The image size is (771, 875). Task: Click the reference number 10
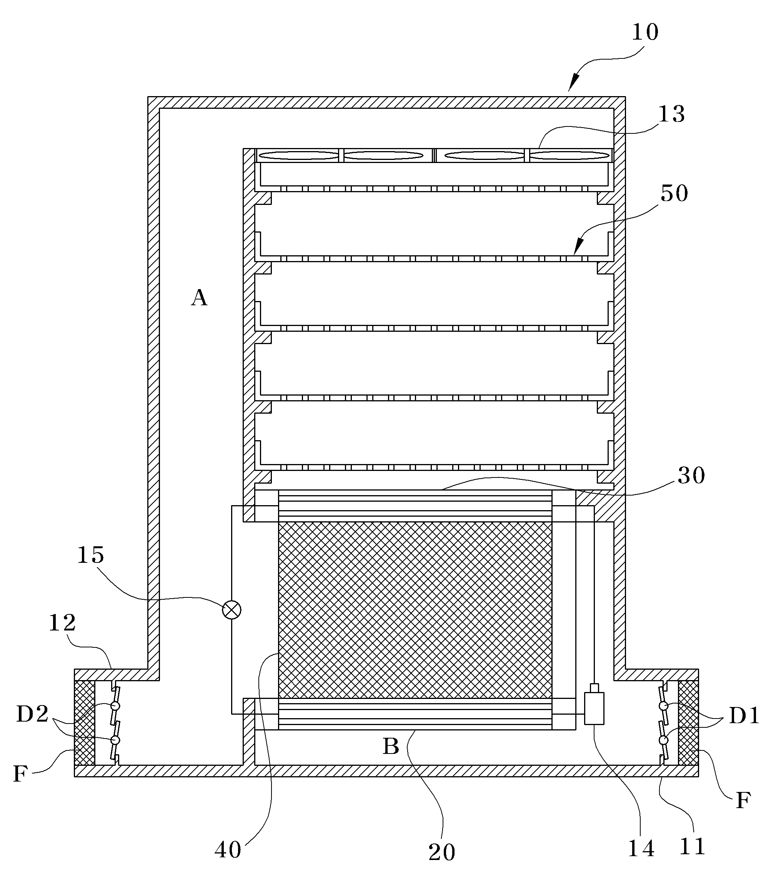[645, 32]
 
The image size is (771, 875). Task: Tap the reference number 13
[671, 114]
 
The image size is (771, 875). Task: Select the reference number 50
[674, 193]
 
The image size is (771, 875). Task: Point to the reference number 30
[691, 475]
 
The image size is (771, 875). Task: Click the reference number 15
[90, 555]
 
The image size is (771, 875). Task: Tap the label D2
[32, 714]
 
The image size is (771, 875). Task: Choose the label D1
[744, 715]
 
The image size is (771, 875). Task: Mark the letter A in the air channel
[199, 298]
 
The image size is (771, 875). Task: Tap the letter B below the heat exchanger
[391, 747]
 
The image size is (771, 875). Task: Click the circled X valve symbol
[231, 610]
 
